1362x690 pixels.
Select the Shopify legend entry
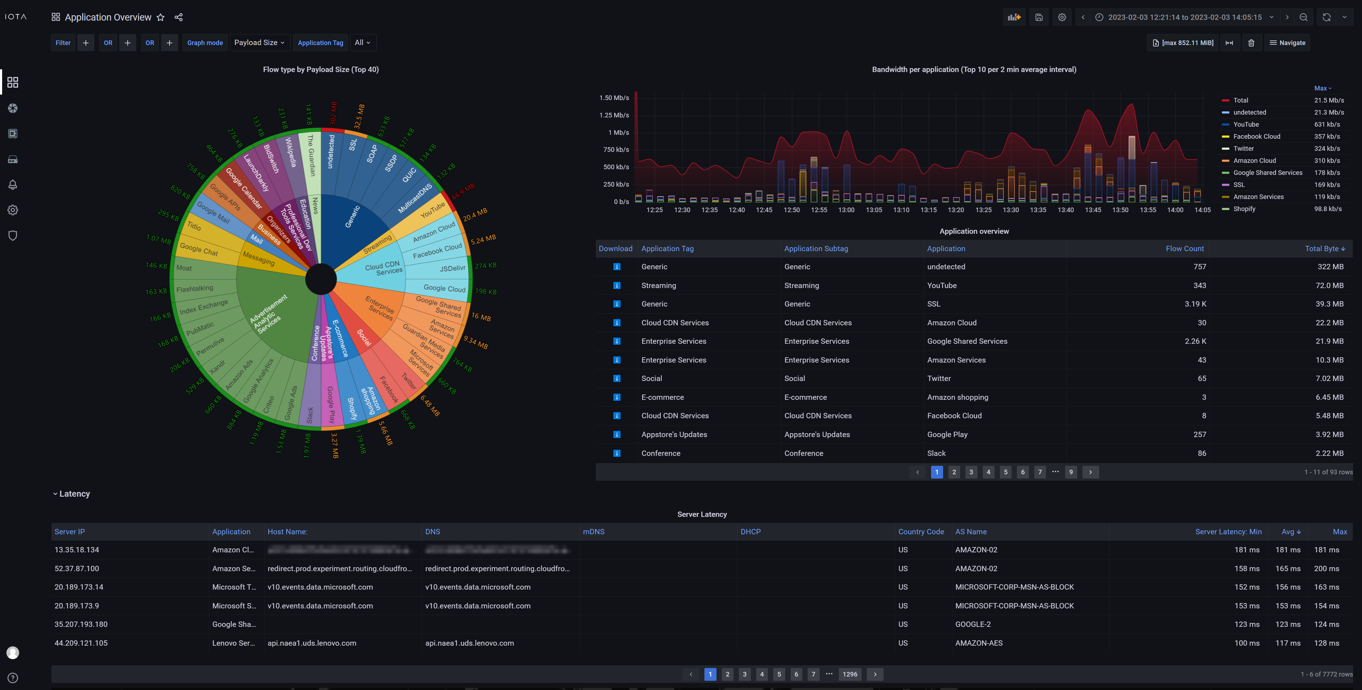click(1244, 209)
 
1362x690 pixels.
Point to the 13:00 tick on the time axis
click(846, 210)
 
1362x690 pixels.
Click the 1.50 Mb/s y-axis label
click(614, 98)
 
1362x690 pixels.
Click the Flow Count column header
click(1184, 248)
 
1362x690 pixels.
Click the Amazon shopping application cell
click(957, 397)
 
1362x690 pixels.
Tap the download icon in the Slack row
click(616, 453)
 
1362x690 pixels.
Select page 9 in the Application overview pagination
click(1071, 472)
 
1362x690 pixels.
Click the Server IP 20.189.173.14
click(79, 587)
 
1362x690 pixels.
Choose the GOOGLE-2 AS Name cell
click(973, 624)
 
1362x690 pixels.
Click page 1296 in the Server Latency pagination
click(850, 674)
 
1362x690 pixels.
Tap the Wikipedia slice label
click(290, 152)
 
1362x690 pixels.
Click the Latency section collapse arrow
click(55, 494)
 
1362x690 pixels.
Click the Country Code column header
click(920, 532)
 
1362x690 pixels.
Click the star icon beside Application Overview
click(161, 17)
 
